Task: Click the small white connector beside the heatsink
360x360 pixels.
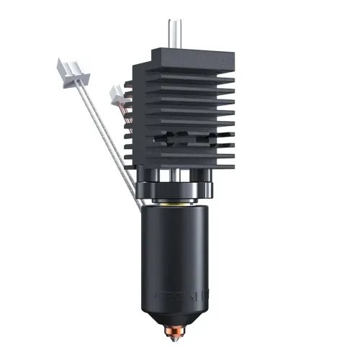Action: (115, 93)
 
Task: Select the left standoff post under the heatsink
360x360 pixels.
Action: (155, 176)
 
